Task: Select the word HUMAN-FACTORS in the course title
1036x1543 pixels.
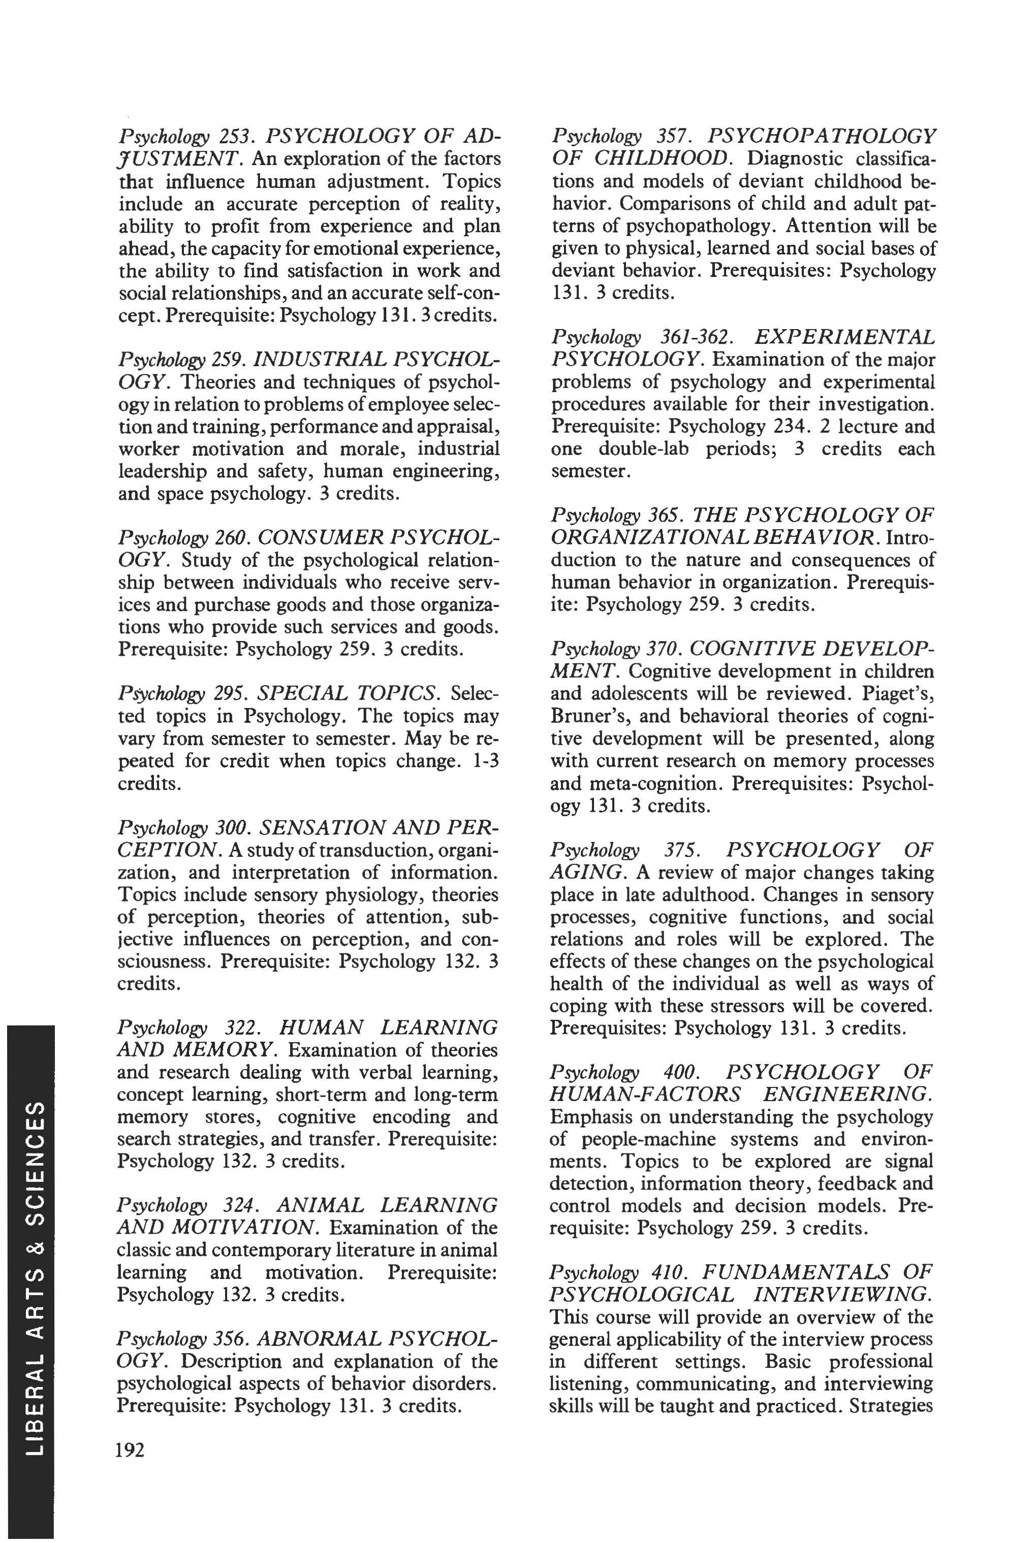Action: pos(645,1095)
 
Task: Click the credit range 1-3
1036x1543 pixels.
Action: pos(486,761)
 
